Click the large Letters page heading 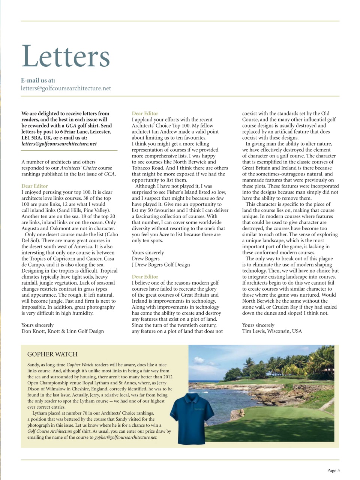pos(66,56)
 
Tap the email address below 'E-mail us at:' pos(66,88)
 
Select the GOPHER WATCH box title pos(52,354)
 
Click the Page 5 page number pos(333,471)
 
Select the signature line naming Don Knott pos(63,331)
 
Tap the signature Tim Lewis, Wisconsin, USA pos(272,331)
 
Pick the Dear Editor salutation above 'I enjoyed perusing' pos(34,186)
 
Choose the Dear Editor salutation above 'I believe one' pos(145,277)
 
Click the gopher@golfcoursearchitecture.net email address pos(126,437)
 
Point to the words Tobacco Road pos(148,168)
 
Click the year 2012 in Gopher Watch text pos(168,377)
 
